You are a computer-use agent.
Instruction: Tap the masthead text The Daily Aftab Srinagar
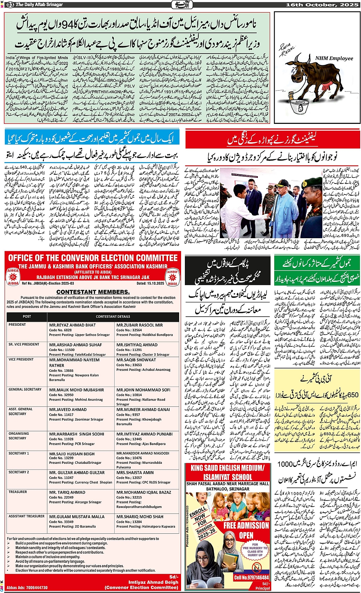[39, 5]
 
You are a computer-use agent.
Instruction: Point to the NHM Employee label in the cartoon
[334, 58]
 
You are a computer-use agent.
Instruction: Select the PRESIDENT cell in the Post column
[17, 325]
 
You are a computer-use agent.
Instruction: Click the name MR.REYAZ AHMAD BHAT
[73, 325]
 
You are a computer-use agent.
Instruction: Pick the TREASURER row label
[18, 492]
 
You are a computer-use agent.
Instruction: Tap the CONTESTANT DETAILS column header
[113, 317]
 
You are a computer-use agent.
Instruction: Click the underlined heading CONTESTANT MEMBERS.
[93, 292]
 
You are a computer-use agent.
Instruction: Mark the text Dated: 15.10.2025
[152, 283]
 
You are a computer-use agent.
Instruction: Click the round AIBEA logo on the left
[13, 276]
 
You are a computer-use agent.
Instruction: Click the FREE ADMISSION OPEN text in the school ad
[246, 530]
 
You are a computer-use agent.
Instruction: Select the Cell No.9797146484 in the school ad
[251, 577]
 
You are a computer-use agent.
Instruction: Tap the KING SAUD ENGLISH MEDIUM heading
[227, 468]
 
